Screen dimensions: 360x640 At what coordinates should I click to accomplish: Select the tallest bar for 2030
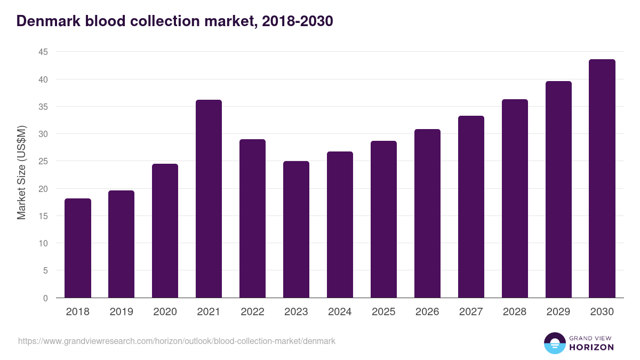click(x=602, y=179)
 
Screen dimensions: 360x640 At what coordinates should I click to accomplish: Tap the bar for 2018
click(x=78, y=248)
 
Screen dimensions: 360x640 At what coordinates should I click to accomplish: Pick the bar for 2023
click(x=296, y=229)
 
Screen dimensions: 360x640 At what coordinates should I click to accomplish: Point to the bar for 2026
click(x=427, y=213)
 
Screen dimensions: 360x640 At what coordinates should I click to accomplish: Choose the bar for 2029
click(x=558, y=189)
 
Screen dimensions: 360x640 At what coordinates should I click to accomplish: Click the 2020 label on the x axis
click(x=165, y=312)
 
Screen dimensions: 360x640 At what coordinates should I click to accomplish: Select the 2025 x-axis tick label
click(x=383, y=312)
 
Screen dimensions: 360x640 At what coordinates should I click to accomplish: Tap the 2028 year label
click(x=515, y=312)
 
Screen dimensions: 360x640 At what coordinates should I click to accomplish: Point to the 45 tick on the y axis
click(x=43, y=52)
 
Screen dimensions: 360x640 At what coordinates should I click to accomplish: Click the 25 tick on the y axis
click(x=43, y=162)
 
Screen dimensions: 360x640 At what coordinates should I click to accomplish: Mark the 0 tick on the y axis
click(x=45, y=298)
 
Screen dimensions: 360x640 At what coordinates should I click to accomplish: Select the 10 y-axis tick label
click(x=43, y=243)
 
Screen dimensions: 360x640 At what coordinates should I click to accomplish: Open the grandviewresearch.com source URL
click(x=177, y=341)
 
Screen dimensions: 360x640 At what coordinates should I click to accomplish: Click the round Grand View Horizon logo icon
click(x=554, y=343)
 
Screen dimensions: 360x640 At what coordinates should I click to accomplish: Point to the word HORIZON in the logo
click(x=591, y=347)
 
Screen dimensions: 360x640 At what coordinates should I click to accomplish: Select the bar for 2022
click(x=252, y=219)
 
